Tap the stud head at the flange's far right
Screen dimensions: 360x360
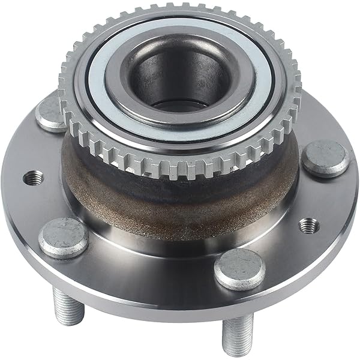point(325,158)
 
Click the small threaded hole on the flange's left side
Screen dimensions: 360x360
point(34,178)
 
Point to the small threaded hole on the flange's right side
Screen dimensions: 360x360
point(308,225)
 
